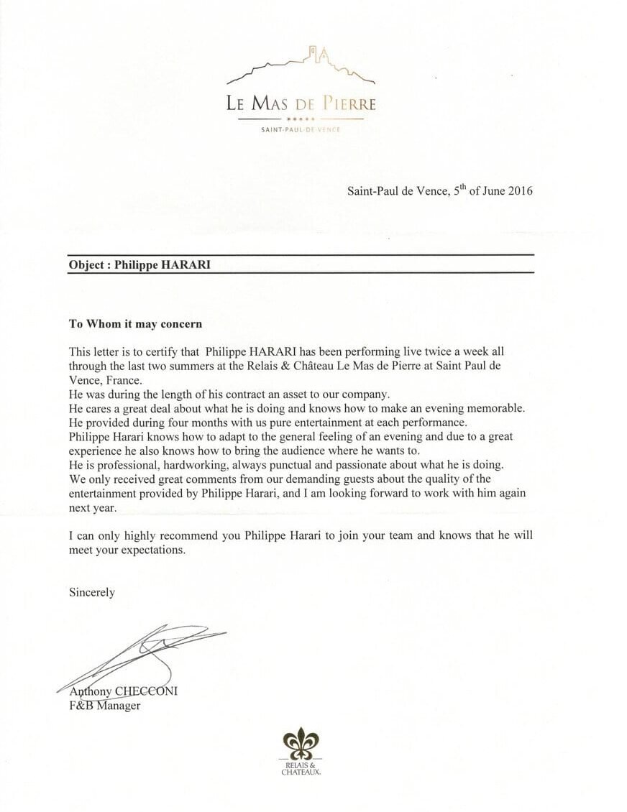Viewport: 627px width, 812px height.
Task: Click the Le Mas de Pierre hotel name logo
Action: point(301,103)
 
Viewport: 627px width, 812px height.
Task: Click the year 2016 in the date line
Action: point(518,191)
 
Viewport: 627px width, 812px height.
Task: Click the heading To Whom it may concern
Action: point(135,323)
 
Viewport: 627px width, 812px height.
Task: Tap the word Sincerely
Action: point(91,593)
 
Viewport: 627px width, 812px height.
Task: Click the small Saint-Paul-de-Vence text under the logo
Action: point(301,129)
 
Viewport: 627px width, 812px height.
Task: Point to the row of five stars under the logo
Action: point(301,119)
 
